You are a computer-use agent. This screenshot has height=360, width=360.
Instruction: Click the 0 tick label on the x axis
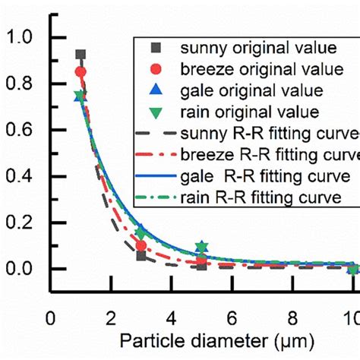(x=51, y=317)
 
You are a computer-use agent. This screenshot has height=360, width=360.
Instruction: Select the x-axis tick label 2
(x=111, y=317)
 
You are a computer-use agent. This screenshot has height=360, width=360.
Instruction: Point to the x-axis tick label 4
(x=172, y=317)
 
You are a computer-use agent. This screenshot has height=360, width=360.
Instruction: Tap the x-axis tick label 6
(x=232, y=317)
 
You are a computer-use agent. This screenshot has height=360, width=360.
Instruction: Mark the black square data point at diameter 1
(x=81, y=55)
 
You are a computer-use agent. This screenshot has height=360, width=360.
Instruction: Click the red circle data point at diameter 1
(x=81, y=72)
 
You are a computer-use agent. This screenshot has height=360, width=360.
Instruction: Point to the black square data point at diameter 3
(x=141, y=256)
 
